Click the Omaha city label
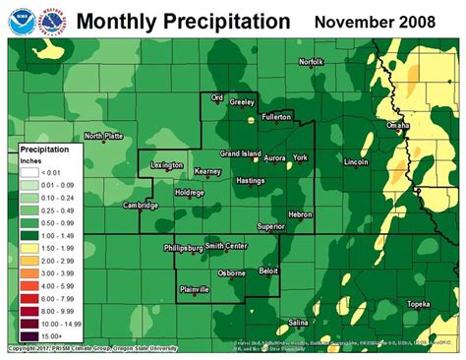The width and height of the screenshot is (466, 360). click(397, 126)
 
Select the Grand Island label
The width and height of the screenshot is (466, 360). click(240, 154)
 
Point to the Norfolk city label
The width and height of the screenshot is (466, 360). click(311, 61)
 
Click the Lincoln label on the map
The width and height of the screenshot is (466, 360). click(357, 161)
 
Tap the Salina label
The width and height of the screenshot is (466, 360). click(299, 322)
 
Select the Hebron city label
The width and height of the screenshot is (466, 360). click(300, 213)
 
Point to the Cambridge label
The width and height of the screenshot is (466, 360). click(141, 206)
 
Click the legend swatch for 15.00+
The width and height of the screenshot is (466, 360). click(31, 337)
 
